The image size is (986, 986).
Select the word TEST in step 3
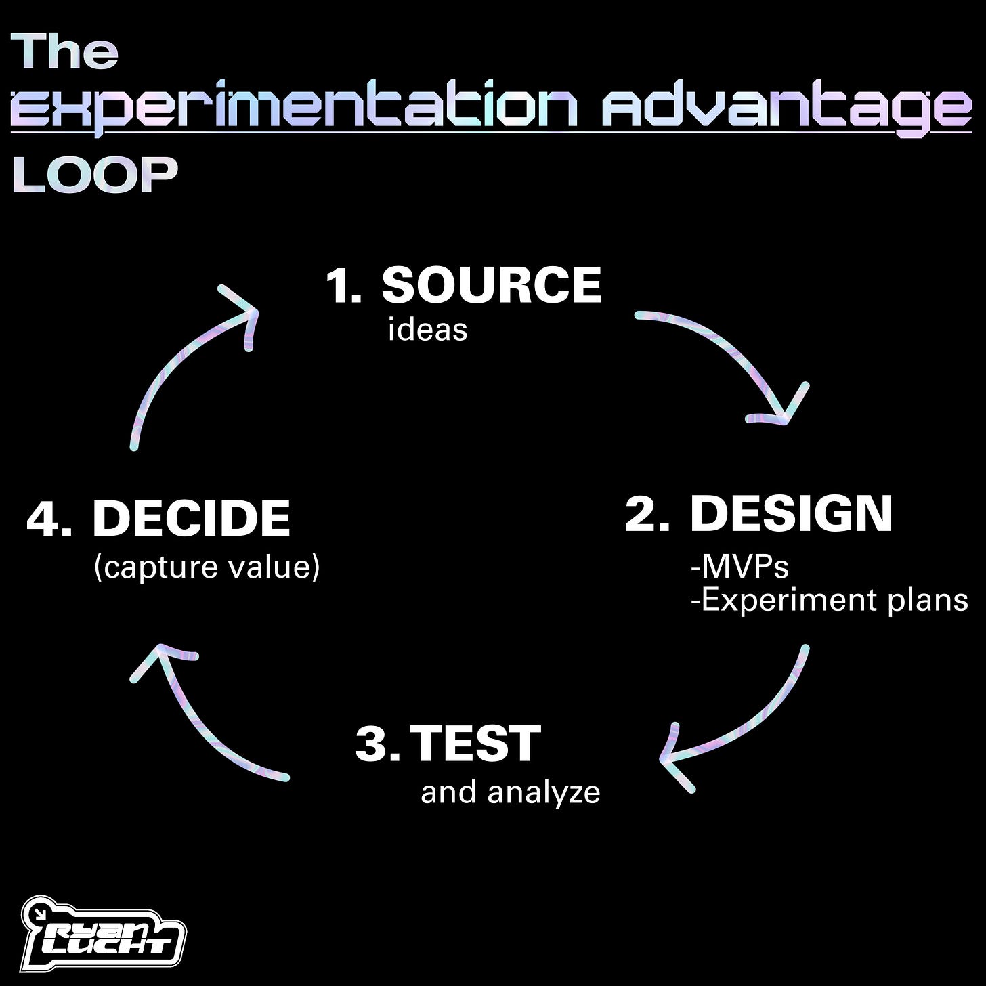(x=475, y=744)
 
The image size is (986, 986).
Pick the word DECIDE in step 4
(x=191, y=518)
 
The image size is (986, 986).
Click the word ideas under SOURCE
(x=427, y=330)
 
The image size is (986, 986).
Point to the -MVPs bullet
(x=739, y=566)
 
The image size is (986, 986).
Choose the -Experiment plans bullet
(x=829, y=600)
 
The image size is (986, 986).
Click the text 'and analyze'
(x=510, y=792)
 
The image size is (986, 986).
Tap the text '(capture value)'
(x=207, y=567)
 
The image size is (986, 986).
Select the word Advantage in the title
(x=786, y=108)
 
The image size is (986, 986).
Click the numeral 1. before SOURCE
(x=343, y=286)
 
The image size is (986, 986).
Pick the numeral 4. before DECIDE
(x=49, y=519)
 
